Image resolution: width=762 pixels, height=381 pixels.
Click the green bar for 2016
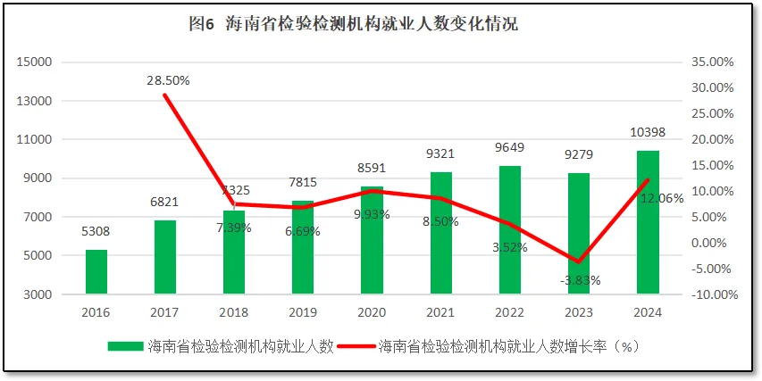tap(96, 272)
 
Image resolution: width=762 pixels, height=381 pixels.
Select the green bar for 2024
tap(648, 222)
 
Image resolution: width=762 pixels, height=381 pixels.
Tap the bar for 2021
tap(441, 233)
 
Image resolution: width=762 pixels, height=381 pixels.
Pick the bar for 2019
tap(303, 247)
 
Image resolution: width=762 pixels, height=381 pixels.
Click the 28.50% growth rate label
tap(168, 80)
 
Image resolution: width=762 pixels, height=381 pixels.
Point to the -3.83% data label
tap(580, 280)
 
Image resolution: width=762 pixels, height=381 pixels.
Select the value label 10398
tap(648, 133)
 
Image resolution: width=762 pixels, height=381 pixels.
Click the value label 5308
tap(96, 232)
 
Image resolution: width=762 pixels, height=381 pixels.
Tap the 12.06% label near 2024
tap(662, 198)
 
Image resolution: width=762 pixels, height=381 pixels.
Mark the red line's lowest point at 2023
tap(579, 262)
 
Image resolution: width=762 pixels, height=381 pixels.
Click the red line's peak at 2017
tap(165, 95)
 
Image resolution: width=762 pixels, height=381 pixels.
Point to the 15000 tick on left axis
tap(36, 62)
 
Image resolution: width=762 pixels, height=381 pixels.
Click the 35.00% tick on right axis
tap(712, 62)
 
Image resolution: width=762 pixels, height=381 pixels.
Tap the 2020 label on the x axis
tap(372, 313)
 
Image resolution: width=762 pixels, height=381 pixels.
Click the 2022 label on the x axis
tap(510, 313)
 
